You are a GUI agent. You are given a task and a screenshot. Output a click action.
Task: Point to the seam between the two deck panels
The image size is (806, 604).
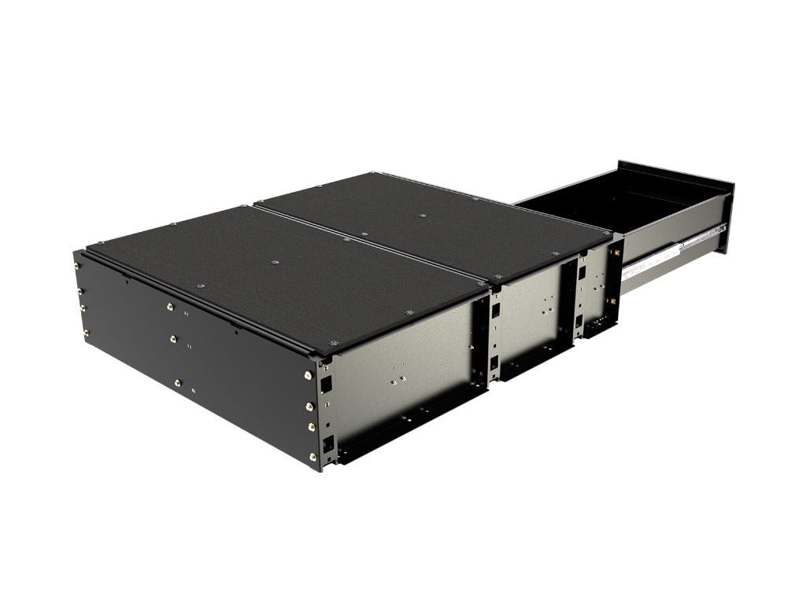pyautogui.click(x=370, y=244)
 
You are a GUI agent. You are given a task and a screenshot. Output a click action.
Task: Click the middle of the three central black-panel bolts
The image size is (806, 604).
pyautogui.click(x=174, y=340)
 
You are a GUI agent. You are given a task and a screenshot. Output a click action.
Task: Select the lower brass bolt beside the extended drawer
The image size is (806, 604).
pyautogui.click(x=613, y=300)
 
